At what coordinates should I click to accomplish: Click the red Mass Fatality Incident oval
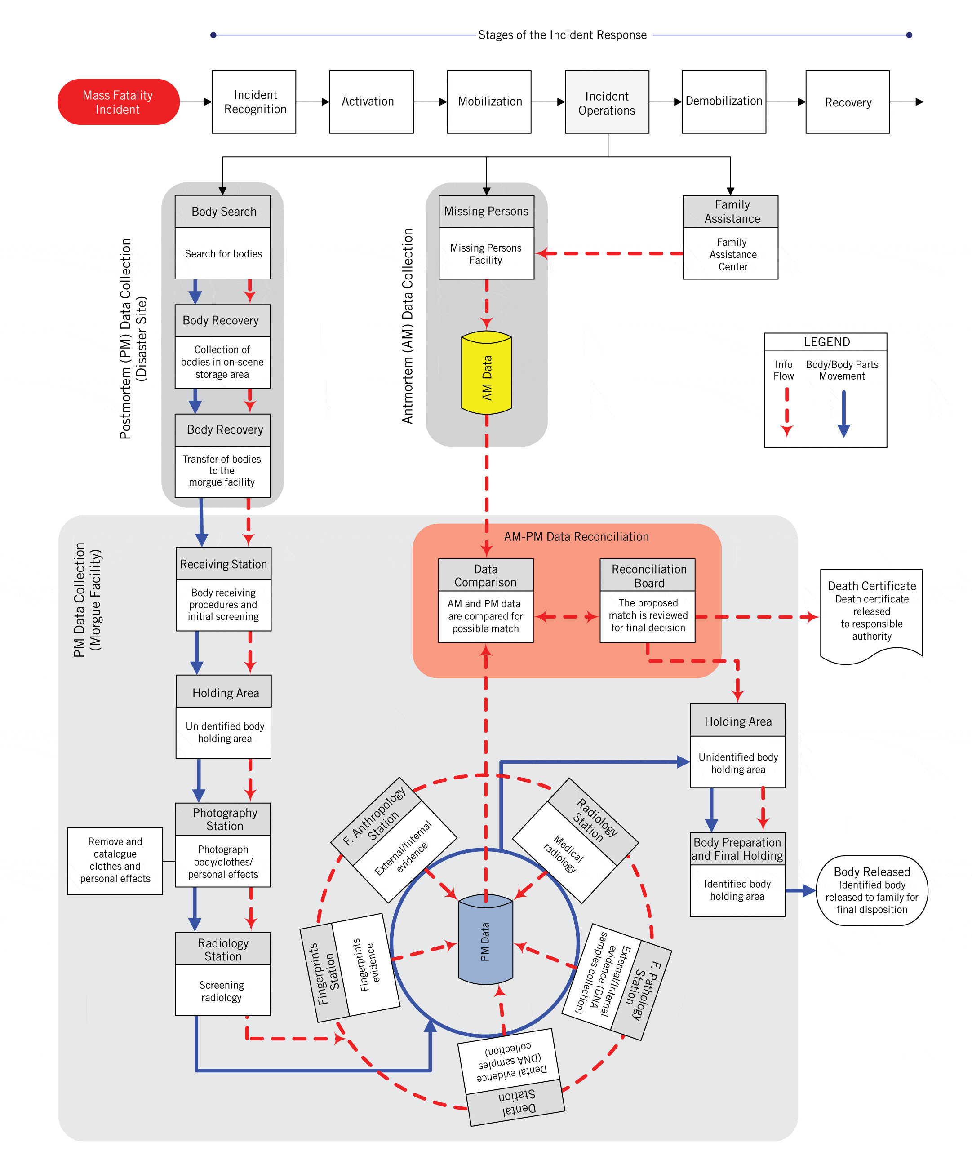pyautogui.click(x=118, y=102)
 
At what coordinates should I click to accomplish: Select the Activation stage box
pyautogui.click(x=371, y=102)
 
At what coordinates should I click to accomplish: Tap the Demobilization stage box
pyautogui.click(x=723, y=102)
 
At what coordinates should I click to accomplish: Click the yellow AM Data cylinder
pyautogui.click(x=486, y=373)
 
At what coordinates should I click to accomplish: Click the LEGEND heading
pyautogui.click(x=826, y=341)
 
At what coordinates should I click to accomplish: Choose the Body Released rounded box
pyautogui.click(x=871, y=890)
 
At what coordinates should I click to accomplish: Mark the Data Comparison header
pyautogui.click(x=485, y=575)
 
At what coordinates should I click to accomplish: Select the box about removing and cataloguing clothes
pyautogui.click(x=115, y=860)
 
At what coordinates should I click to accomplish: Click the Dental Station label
pyautogui.click(x=517, y=1102)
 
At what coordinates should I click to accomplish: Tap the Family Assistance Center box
pyautogui.click(x=732, y=254)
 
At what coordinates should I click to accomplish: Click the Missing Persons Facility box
pyautogui.click(x=486, y=254)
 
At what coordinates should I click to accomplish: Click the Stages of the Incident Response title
pyautogui.click(x=562, y=35)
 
